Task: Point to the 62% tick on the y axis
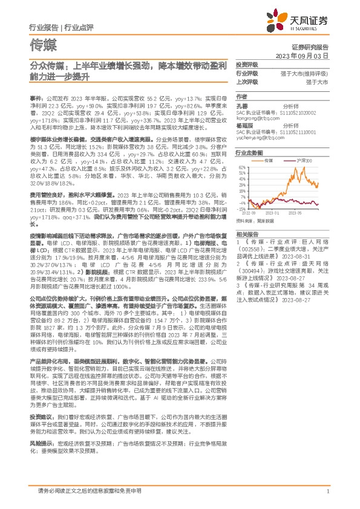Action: pyautogui.click(x=242, y=167)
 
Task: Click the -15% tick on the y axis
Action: pyautogui.click(x=242, y=209)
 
